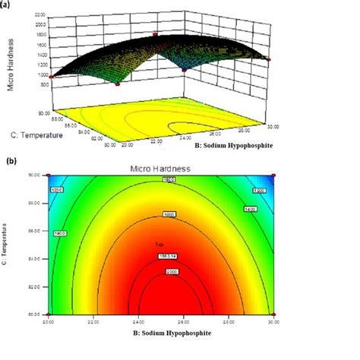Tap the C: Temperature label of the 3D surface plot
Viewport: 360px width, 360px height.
click(x=33, y=134)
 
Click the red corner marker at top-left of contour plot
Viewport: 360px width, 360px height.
click(x=47, y=175)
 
